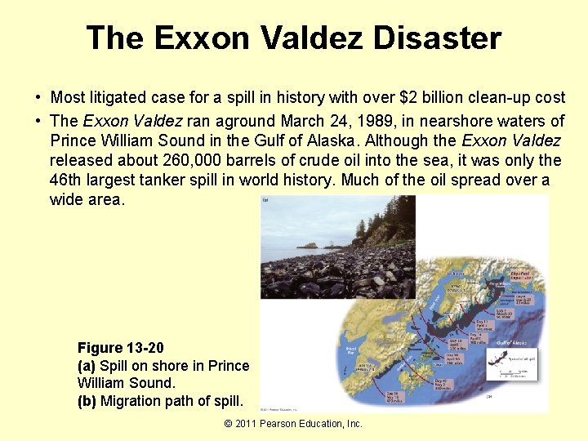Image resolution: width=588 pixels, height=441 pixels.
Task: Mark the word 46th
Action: (69, 180)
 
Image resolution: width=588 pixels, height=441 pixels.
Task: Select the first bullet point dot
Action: (38, 98)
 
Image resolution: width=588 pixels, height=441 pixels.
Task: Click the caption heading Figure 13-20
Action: (120, 349)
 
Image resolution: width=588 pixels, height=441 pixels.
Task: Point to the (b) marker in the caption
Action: (87, 401)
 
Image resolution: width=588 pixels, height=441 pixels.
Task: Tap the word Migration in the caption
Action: (134, 401)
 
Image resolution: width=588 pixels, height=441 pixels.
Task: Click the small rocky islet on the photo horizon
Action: (308, 244)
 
